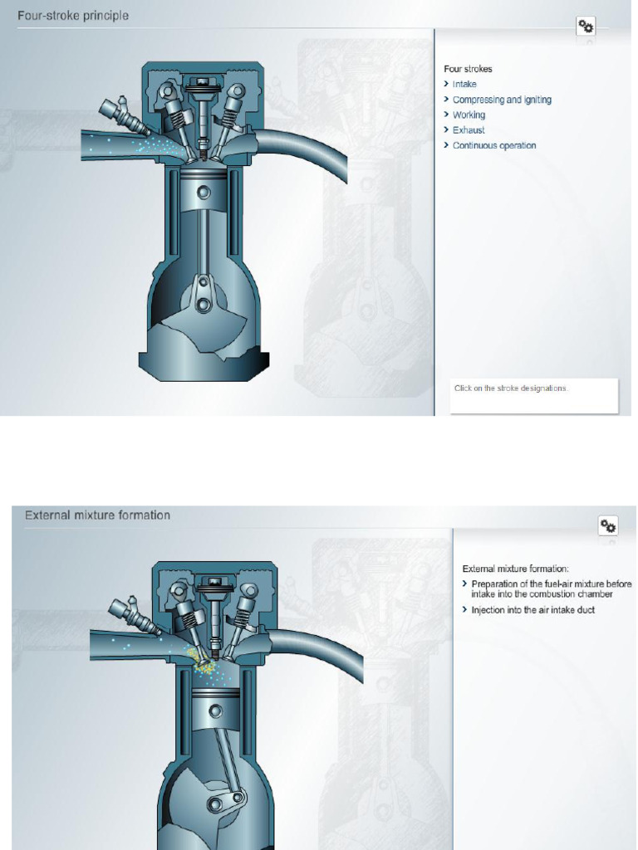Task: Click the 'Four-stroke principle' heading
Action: point(73,16)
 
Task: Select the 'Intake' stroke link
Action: point(464,85)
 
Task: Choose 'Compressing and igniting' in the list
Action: point(502,100)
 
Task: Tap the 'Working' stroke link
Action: point(469,115)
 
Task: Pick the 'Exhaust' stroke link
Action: point(469,130)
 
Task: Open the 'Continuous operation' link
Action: point(494,145)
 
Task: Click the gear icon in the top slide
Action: point(586,27)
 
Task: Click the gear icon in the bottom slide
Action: point(608,525)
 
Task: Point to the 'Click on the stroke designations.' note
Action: point(511,388)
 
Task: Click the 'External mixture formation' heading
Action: point(97,515)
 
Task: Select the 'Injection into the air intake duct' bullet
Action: point(532,610)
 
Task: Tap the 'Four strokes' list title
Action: point(468,69)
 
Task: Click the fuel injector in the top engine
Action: point(121,115)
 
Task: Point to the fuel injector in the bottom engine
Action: point(132,614)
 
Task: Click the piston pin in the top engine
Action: point(204,193)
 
